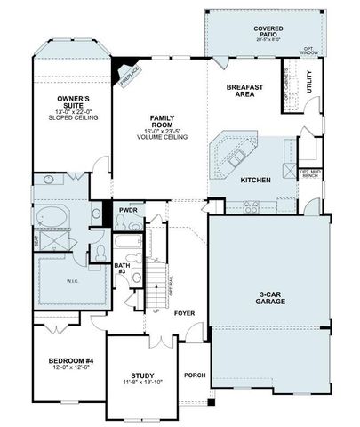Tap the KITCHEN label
pyautogui.click(x=255, y=180)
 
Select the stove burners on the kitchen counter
pyautogui.click(x=252, y=207)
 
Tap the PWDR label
pyautogui.click(x=128, y=210)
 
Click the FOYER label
pyautogui.click(x=184, y=313)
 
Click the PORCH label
pyautogui.click(x=195, y=375)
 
